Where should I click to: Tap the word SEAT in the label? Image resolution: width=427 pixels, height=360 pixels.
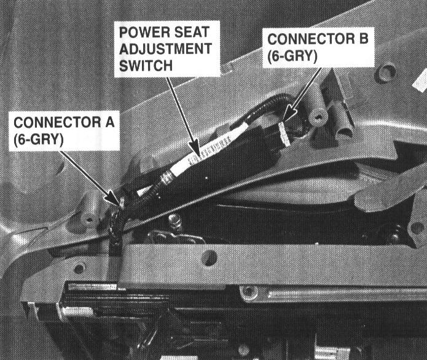[x=192, y=32]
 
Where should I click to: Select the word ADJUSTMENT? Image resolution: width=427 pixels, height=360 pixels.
[x=165, y=49]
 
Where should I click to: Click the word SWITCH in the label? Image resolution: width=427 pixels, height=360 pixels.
[x=146, y=66]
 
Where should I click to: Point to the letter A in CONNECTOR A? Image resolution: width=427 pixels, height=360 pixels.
[x=110, y=122]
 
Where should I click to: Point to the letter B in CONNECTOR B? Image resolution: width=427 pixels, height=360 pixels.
[x=364, y=39]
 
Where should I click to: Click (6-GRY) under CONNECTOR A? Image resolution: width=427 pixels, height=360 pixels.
[x=39, y=139]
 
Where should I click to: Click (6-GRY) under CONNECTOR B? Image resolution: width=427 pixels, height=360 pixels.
[x=292, y=56]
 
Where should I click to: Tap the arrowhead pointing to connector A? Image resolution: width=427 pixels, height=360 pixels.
[x=114, y=198]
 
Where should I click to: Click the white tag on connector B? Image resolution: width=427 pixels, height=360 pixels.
[x=284, y=134]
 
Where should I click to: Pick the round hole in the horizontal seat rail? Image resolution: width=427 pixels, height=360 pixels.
[x=209, y=257]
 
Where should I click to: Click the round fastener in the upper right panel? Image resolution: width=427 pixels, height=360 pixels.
[x=385, y=72]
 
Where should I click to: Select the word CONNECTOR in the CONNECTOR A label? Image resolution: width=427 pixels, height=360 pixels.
[x=57, y=122]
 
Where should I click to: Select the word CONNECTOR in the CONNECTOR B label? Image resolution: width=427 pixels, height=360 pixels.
[x=311, y=39]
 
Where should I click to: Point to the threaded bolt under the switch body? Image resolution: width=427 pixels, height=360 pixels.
[x=175, y=221]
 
